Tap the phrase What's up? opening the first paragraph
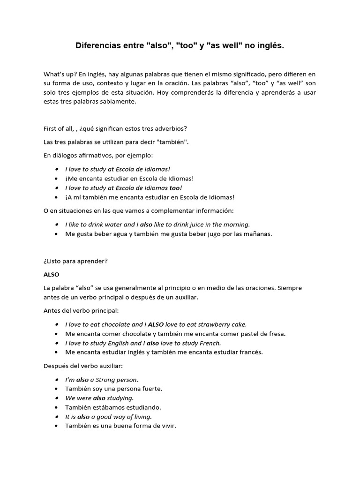click(x=60, y=74)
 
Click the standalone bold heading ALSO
click(x=51, y=274)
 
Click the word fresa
click(x=276, y=334)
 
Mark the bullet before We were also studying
click(x=57, y=398)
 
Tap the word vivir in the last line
click(x=166, y=426)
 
